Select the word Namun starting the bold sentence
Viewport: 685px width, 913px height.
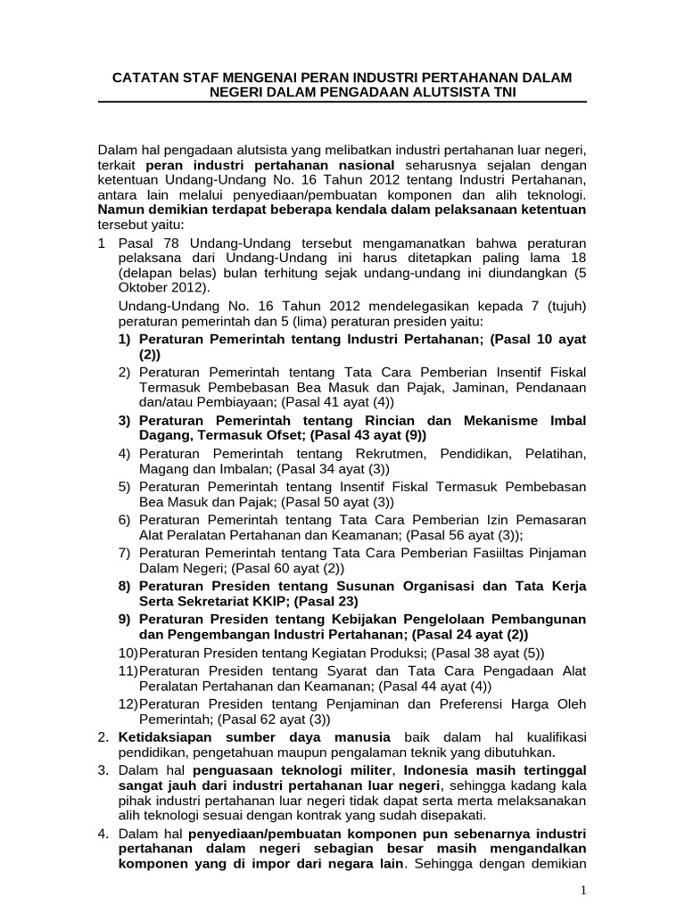coord(122,210)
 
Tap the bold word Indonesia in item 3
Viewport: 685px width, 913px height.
coord(436,769)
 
